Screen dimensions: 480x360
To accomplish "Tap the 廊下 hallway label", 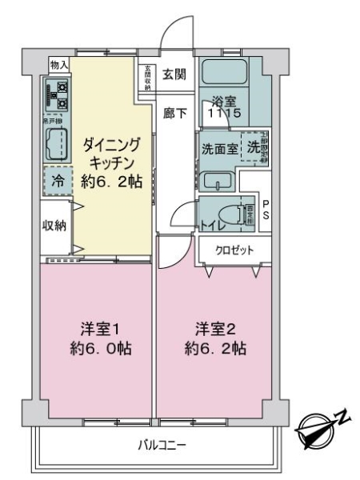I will pos(176,114).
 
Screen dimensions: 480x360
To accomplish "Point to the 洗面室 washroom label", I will pos(218,149).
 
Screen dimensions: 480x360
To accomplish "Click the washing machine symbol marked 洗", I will pos(253,147).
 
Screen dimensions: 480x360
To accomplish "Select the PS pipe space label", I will pos(266,210).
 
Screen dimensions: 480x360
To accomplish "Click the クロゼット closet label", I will pos(233,250).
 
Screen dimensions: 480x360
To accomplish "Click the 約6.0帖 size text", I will pos(101,350).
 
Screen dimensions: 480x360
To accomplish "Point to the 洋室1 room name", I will pos(100,328).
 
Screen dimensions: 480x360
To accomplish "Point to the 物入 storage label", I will pos(59,64).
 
